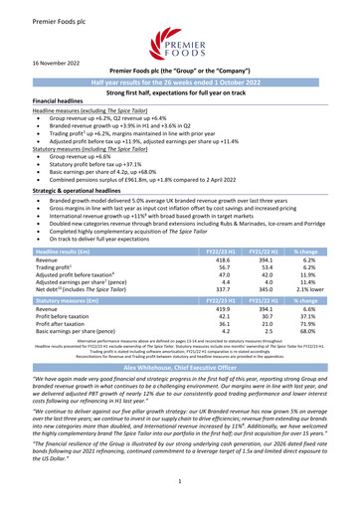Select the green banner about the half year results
point(180,82)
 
